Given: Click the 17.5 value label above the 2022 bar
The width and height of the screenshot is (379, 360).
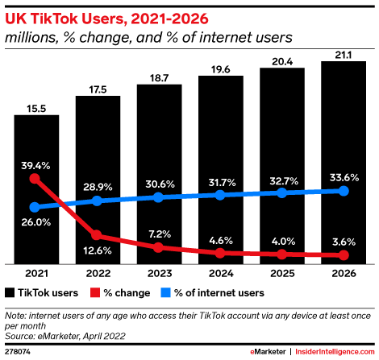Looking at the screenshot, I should point(98,89).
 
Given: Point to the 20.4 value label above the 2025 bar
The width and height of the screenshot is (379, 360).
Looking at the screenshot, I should point(282,61).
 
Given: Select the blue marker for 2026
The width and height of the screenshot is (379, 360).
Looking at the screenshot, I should point(344,191).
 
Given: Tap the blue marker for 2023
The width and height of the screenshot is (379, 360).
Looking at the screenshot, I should point(159,197).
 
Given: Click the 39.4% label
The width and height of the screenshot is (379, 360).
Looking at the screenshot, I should point(35,165).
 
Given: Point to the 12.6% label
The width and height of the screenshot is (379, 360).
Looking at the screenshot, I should point(98,250).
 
